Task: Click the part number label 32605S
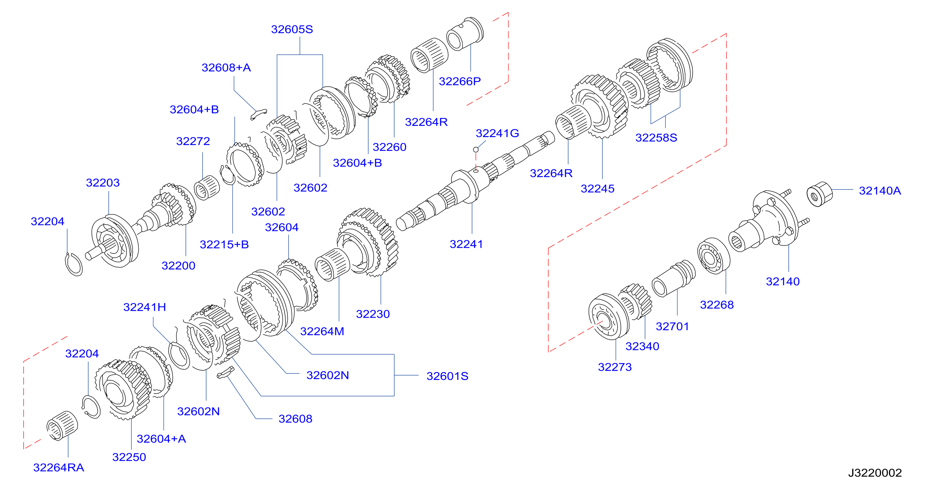click(x=292, y=29)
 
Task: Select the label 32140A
click(x=879, y=190)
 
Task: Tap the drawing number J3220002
click(x=875, y=473)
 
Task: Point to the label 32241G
click(x=497, y=133)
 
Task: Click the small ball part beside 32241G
click(x=476, y=150)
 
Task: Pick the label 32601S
click(x=447, y=376)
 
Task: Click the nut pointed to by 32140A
click(x=819, y=194)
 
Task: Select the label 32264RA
click(x=59, y=467)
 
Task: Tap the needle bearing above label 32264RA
click(x=62, y=426)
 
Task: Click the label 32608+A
click(x=226, y=68)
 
